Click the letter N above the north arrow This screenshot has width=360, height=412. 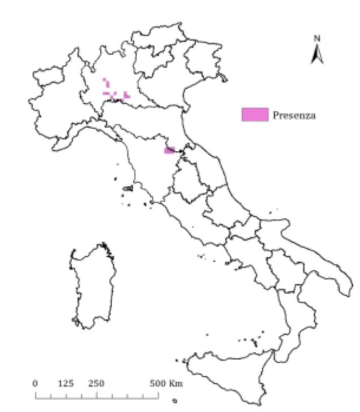tap(317, 38)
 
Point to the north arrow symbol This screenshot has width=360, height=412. tap(317, 54)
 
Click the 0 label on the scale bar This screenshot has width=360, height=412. tap(36, 383)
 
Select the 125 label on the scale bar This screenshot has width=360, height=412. tap(66, 383)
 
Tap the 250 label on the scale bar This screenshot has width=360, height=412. tap(96, 383)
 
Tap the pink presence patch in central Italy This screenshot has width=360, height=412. tap(169, 150)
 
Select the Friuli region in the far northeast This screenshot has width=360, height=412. tap(206, 59)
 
